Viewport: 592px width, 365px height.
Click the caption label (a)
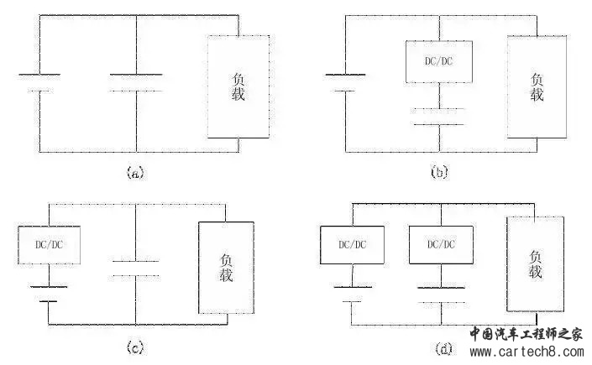click(134, 173)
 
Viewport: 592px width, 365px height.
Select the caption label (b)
click(438, 173)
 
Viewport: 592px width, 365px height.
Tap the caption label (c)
click(134, 346)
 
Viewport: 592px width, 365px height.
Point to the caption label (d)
click(437, 346)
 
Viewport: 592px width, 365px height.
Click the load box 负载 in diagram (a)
click(239, 87)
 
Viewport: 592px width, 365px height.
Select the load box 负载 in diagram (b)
click(537, 87)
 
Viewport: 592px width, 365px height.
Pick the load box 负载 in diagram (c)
click(225, 267)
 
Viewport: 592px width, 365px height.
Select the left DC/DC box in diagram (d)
click(353, 244)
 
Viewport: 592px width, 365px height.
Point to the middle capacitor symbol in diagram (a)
click(136, 82)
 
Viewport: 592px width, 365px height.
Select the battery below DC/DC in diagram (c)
click(50, 293)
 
